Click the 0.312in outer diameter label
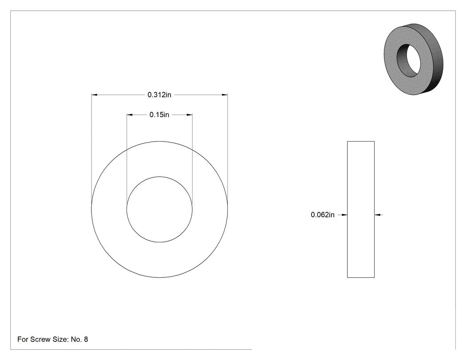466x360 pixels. click(x=159, y=95)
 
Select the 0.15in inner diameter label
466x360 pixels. click(x=159, y=115)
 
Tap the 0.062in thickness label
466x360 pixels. click(x=323, y=215)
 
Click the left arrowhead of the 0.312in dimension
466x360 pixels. click(x=95, y=95)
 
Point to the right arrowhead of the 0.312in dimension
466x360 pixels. click(x=225, y=95)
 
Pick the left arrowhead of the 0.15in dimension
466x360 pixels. click(x=130, y=115)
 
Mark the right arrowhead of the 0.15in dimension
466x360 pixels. click(x=190, y=115)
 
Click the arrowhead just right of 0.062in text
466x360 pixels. click(x=344, y=215)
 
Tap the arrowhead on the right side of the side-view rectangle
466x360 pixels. click(x=377, y=215)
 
